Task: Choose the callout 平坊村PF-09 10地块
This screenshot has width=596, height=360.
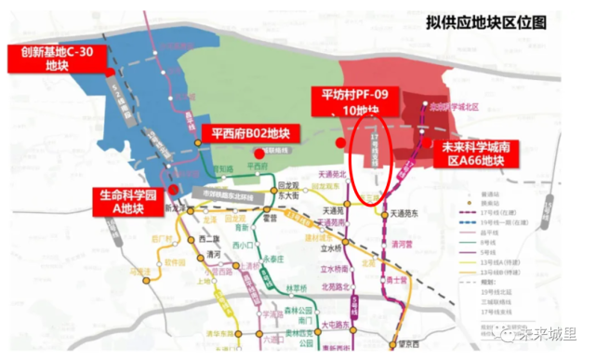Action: (361, 100)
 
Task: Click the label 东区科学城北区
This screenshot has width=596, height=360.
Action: (454, 108)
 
